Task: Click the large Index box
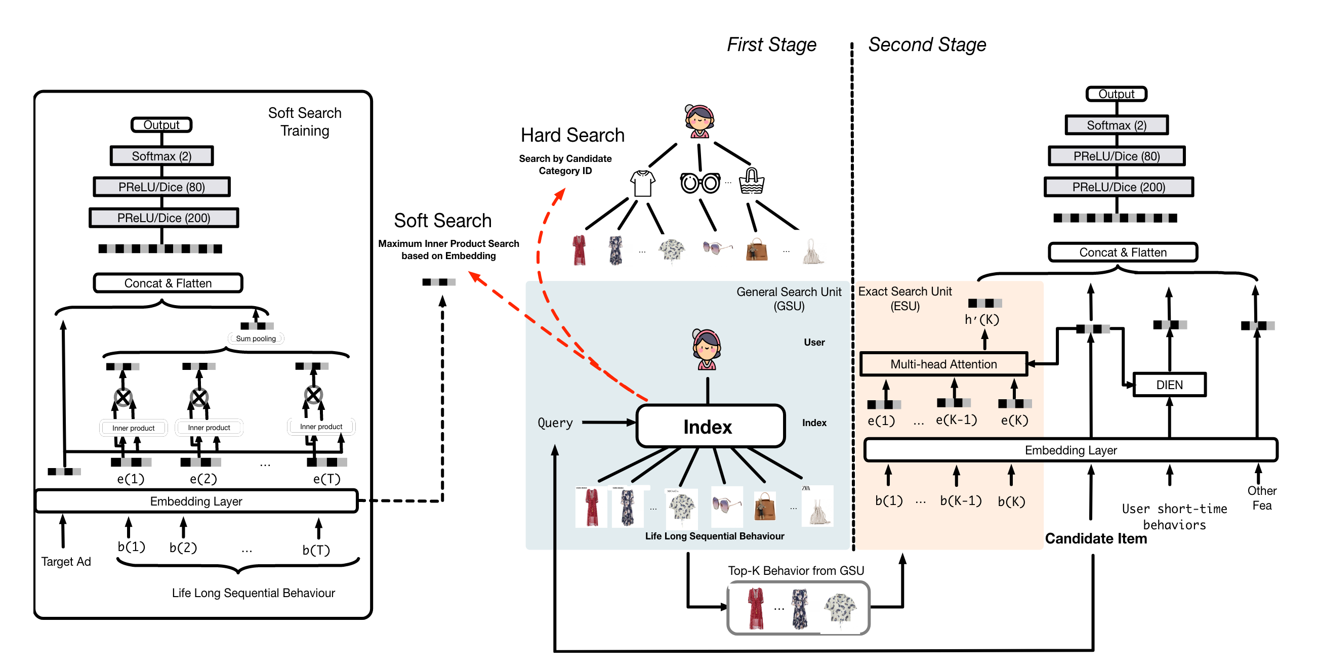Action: pyautogui.click(x=710, y=426)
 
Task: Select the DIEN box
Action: pyautogui.click(x=1169, y=385)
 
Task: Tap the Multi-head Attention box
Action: pyautogui.click(x=943, y=364)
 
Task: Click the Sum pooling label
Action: pyautogui.click(x=256, y=339)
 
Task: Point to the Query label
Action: pyautogui.click(x=555, y=423)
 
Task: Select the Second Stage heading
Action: pyautogui.click(x=927, y=45)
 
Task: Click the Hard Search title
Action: pyautogui.click(x=572, y=135)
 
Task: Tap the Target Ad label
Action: pyautogui.click(x=66, y=561)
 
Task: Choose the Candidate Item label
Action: pyautogui.click(x=1095, y=538)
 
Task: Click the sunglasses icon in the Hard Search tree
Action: pyautogui.click(x=699, y=183)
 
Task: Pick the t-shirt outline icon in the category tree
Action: pyautogui.click(x=642, y=183)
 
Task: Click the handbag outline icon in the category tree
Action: pyautogui.click(x=751, y=182)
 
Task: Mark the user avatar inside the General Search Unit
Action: pyautogui.click(x=706, y=350)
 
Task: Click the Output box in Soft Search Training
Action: pyautogui.click(x=161, y=124)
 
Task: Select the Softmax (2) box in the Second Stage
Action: pyautogui.click(x=1116, y=125)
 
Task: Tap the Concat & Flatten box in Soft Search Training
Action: pyautogui.click(x=168, y=283)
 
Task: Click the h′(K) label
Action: pyautogui.click(x=981, y=319)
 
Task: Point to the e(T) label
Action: pyautogui.click(x=326, y=479)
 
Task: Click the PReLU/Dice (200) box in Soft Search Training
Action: pyautogui.click(x=163, y=218)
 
